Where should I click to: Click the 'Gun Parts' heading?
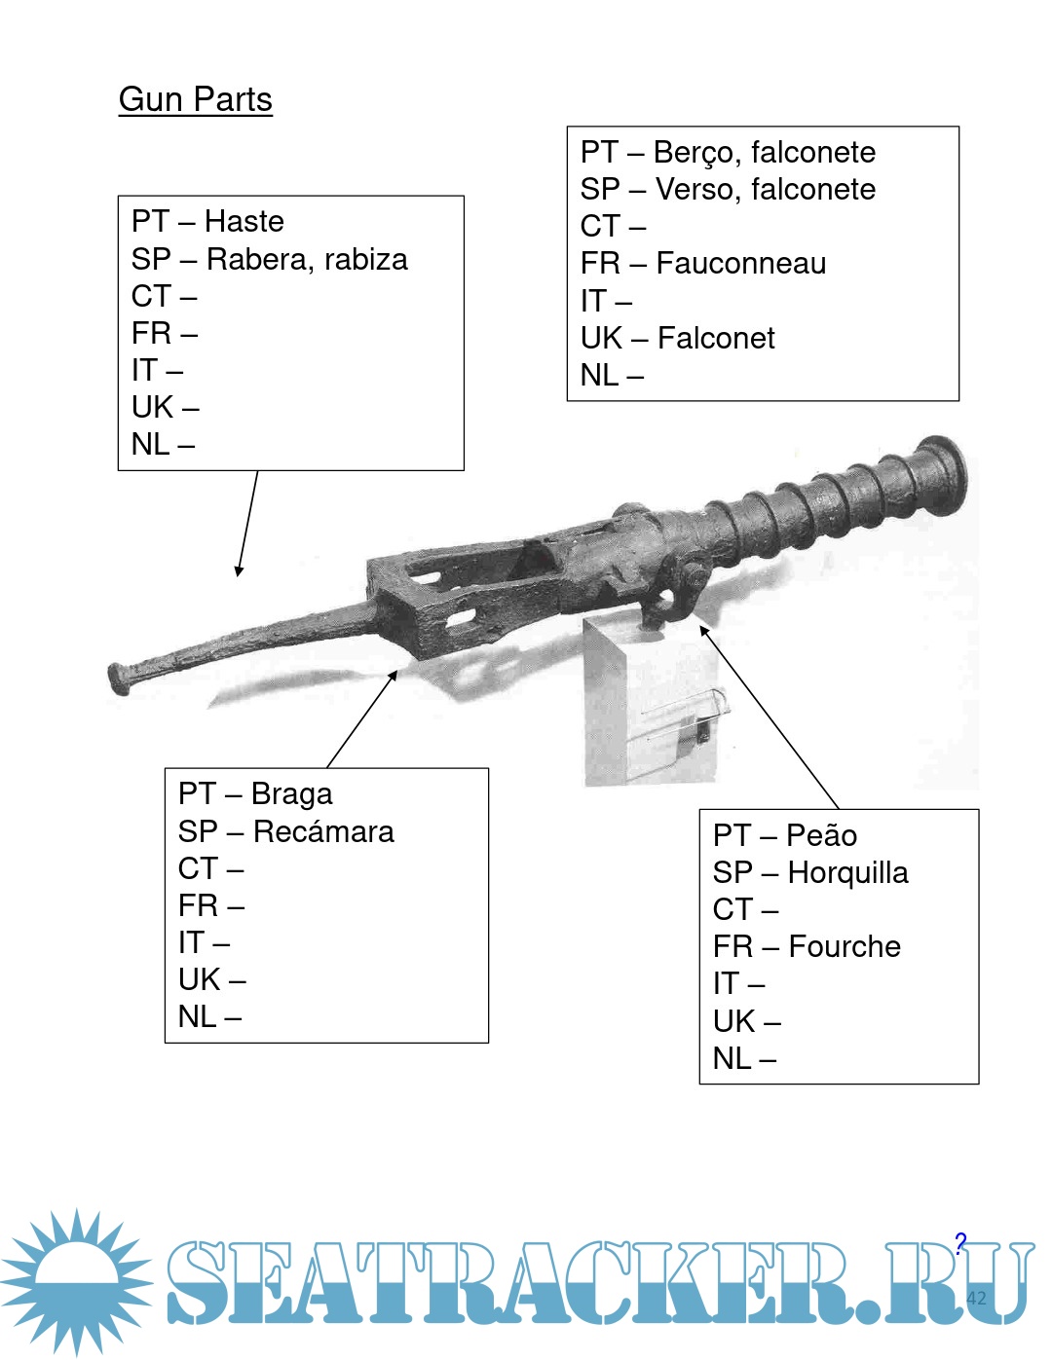click(195, 100)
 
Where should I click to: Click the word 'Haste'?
click(244, 222)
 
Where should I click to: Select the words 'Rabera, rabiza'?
click(307, 260)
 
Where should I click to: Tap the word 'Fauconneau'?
click(740, 264)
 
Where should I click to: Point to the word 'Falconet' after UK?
click(716, 339)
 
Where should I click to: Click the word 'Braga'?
click(291, 794)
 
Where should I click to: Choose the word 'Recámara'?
click(323, 832)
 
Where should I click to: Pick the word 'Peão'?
click(821, 835)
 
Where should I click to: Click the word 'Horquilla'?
click(847, 873)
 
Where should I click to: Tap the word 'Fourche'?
click(845, 947)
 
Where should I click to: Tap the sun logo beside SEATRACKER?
click(76, 1280)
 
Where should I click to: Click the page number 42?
click(976, 1298)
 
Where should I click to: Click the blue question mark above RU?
click(960, 1243)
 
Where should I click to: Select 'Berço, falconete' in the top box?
click(764, 153)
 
